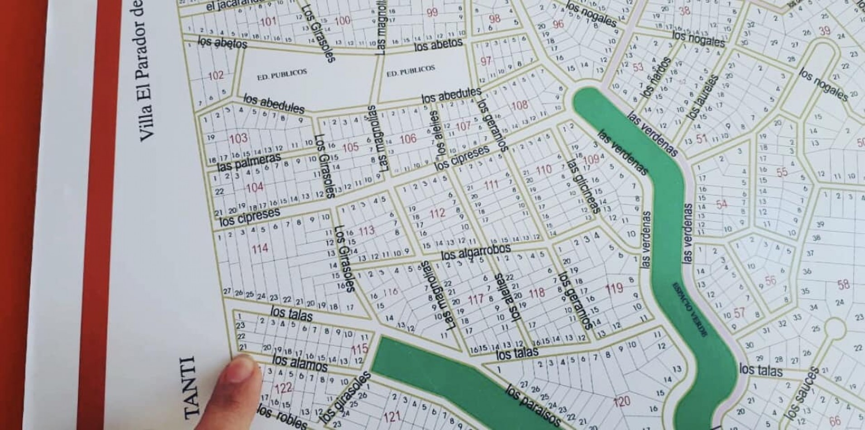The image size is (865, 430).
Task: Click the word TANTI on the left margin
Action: tap(192, 387)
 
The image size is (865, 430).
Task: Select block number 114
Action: tap(260, 248)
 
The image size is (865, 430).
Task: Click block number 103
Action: tap(238, 138)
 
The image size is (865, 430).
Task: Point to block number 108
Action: tap(520, 105)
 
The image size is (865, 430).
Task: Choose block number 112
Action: tap(437, 213)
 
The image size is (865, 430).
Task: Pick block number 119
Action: tap(614, 288)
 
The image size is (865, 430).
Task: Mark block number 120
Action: tap(621, 401)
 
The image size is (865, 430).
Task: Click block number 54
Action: tap(722, 204)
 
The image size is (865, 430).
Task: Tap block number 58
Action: tap(843, 285)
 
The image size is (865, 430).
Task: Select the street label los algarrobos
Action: tap(476, 252)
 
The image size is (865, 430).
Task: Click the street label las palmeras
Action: tap(249, 162)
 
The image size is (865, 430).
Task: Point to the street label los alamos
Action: tap(300, 363)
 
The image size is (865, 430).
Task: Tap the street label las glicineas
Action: tap(584, 186)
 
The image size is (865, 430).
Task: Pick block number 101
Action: tap(268, 21)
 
